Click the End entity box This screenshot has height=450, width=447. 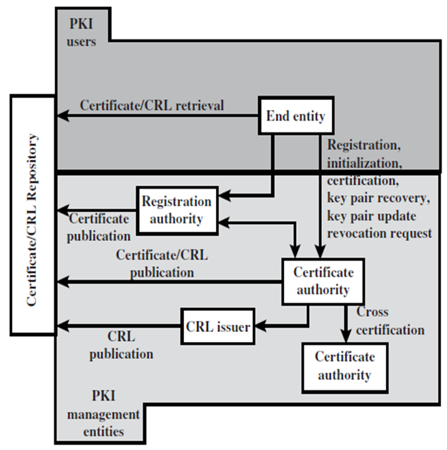(295, 116)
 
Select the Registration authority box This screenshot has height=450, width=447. (176, 210)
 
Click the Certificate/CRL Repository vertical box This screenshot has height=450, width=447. (33, 214)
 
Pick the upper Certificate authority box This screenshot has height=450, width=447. (323, 281)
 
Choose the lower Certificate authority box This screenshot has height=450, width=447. (343, 366)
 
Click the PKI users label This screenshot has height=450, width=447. (83, 33)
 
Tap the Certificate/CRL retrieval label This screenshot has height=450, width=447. (152, 105)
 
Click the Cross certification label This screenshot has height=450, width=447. (390, 321)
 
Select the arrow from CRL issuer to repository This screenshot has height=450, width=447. (119, 328)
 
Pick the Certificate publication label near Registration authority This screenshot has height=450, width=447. (99, 227)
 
